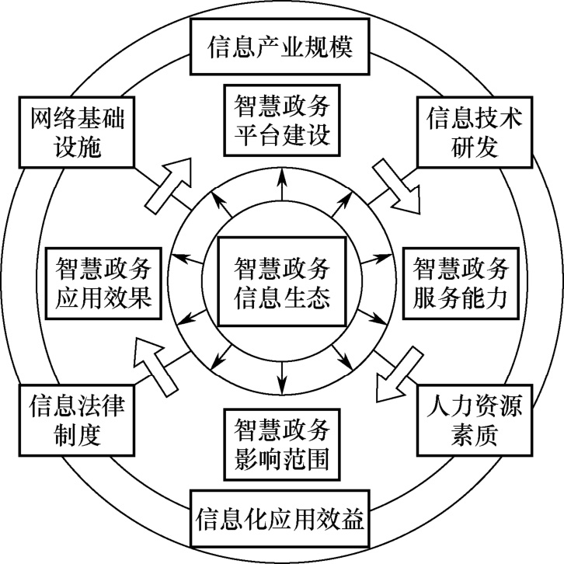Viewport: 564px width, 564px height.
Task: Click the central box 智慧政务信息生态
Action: coord(281,281)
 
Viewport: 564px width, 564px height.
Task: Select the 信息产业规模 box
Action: coord(280,47)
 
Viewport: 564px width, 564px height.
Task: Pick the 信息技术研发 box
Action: coord(476,132)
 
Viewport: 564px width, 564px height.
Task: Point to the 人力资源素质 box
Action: coord(475,419)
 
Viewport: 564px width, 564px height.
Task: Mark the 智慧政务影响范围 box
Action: coord(281,444)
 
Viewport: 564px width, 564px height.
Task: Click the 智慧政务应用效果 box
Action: coord(103,281)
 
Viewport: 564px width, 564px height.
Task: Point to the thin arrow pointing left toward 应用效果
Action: coord(187,256)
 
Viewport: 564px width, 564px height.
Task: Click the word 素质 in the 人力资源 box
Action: coord(475,433)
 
